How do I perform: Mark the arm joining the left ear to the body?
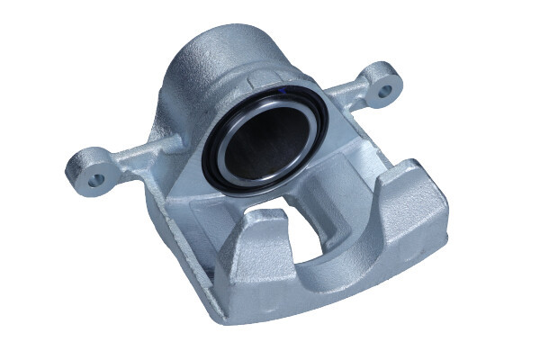click(x=135, y=157)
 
